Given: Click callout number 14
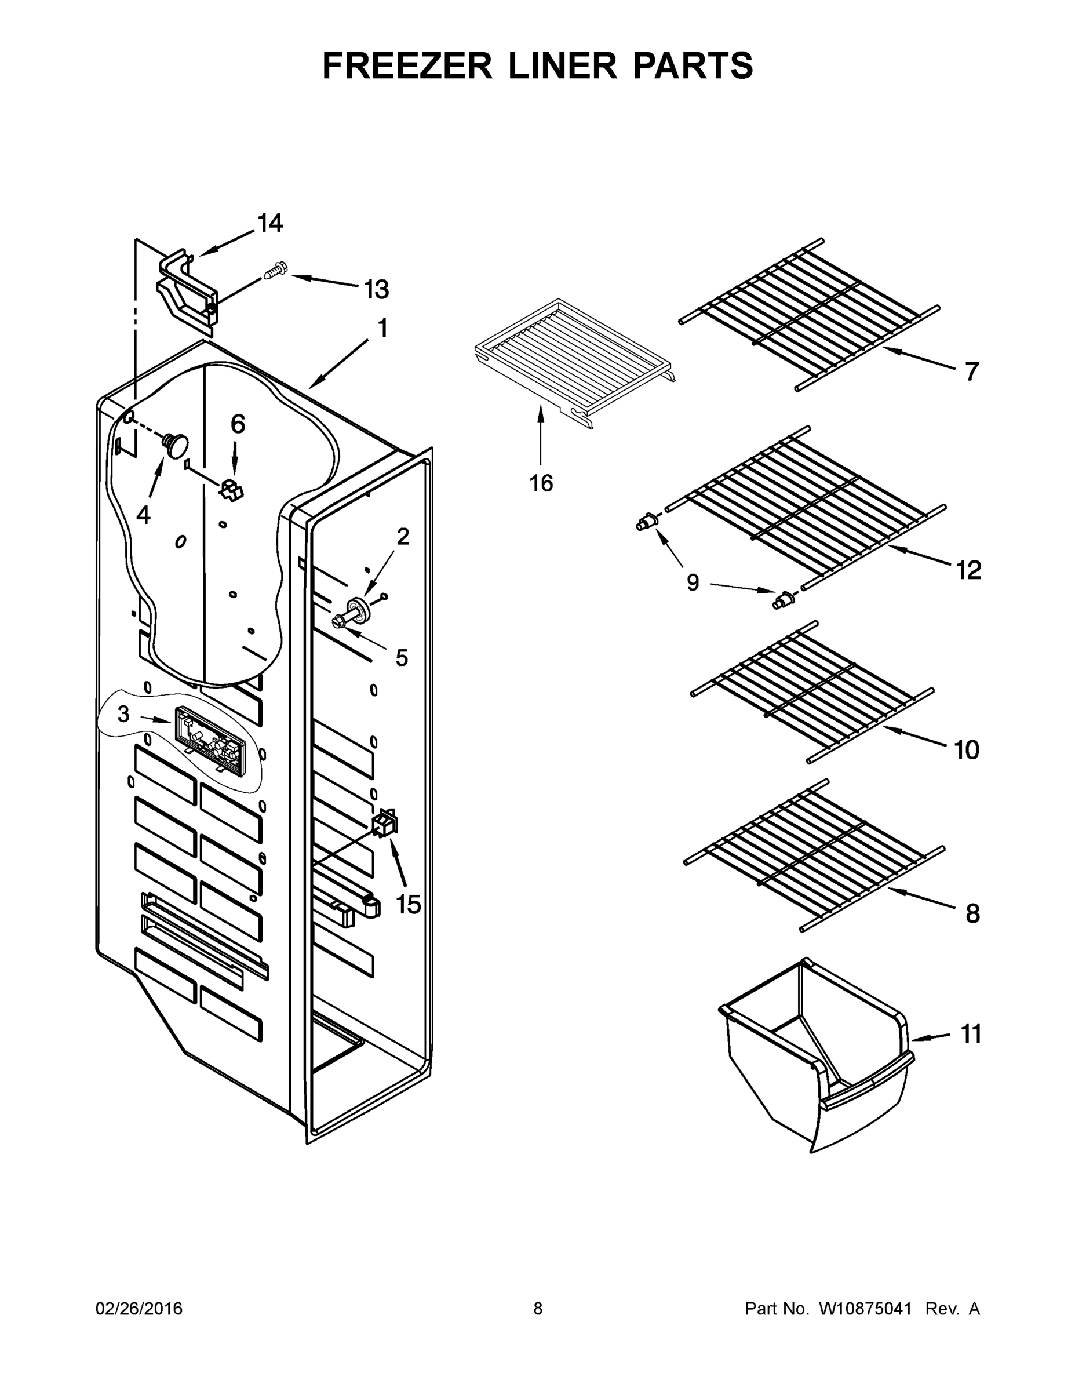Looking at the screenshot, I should tap(270, 224).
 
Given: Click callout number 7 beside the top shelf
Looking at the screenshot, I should tap(971, 372).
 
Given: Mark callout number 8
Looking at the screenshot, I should tap(972, 915).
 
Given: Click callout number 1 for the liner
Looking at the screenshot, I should tap(382, 329).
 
